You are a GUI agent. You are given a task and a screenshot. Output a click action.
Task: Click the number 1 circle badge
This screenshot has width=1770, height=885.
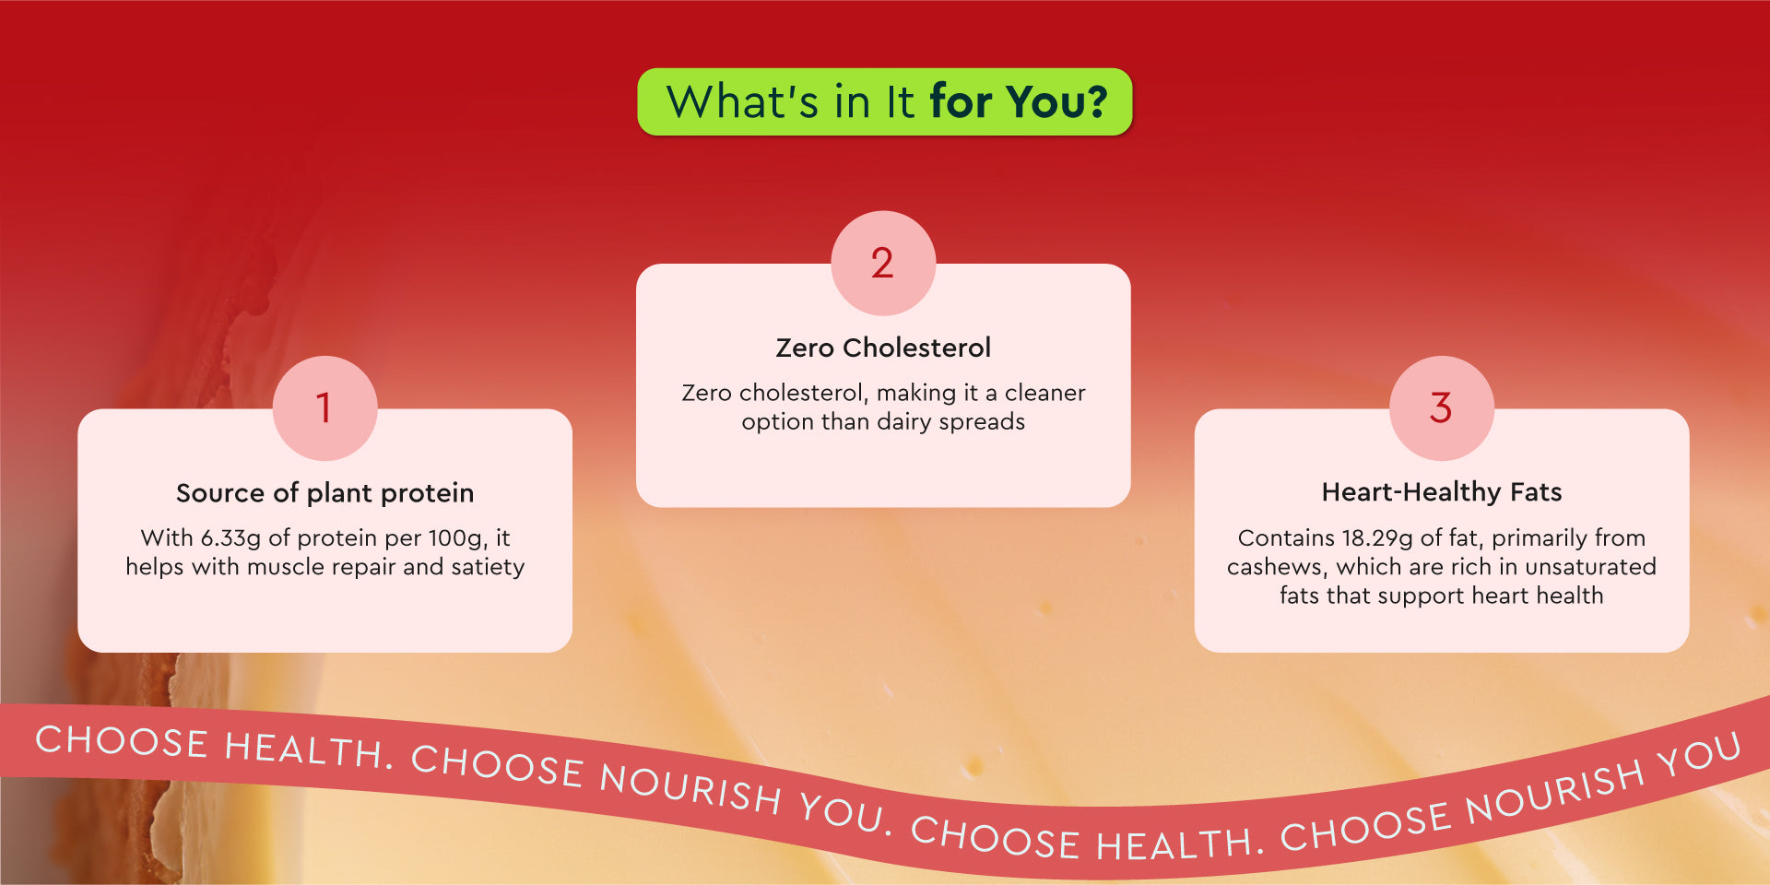[324, 407]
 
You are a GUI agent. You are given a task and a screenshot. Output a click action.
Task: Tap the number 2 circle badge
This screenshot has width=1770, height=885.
[883, 263]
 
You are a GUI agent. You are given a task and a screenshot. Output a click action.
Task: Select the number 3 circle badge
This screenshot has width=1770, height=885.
[1442, 407]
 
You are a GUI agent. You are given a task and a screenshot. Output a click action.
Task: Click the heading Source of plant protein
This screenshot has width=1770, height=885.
[325, 493]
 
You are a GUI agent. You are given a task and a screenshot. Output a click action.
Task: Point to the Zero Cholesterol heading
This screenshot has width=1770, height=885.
[883, 348]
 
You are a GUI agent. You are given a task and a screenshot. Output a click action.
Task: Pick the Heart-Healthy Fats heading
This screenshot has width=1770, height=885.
[1442, 492]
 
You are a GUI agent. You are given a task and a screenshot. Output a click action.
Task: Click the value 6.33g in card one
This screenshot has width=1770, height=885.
[230, 538]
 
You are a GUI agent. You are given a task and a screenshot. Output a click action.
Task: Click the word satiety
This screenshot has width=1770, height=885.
[488, 567]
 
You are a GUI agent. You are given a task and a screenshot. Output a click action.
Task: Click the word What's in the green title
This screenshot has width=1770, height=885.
[742, 101]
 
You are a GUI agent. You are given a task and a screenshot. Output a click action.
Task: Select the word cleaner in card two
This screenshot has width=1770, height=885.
[1044, 394]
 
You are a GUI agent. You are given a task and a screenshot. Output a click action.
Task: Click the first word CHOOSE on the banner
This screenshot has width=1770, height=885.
[122, 742]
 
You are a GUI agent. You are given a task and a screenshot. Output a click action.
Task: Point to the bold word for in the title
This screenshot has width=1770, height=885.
[962, 101]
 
